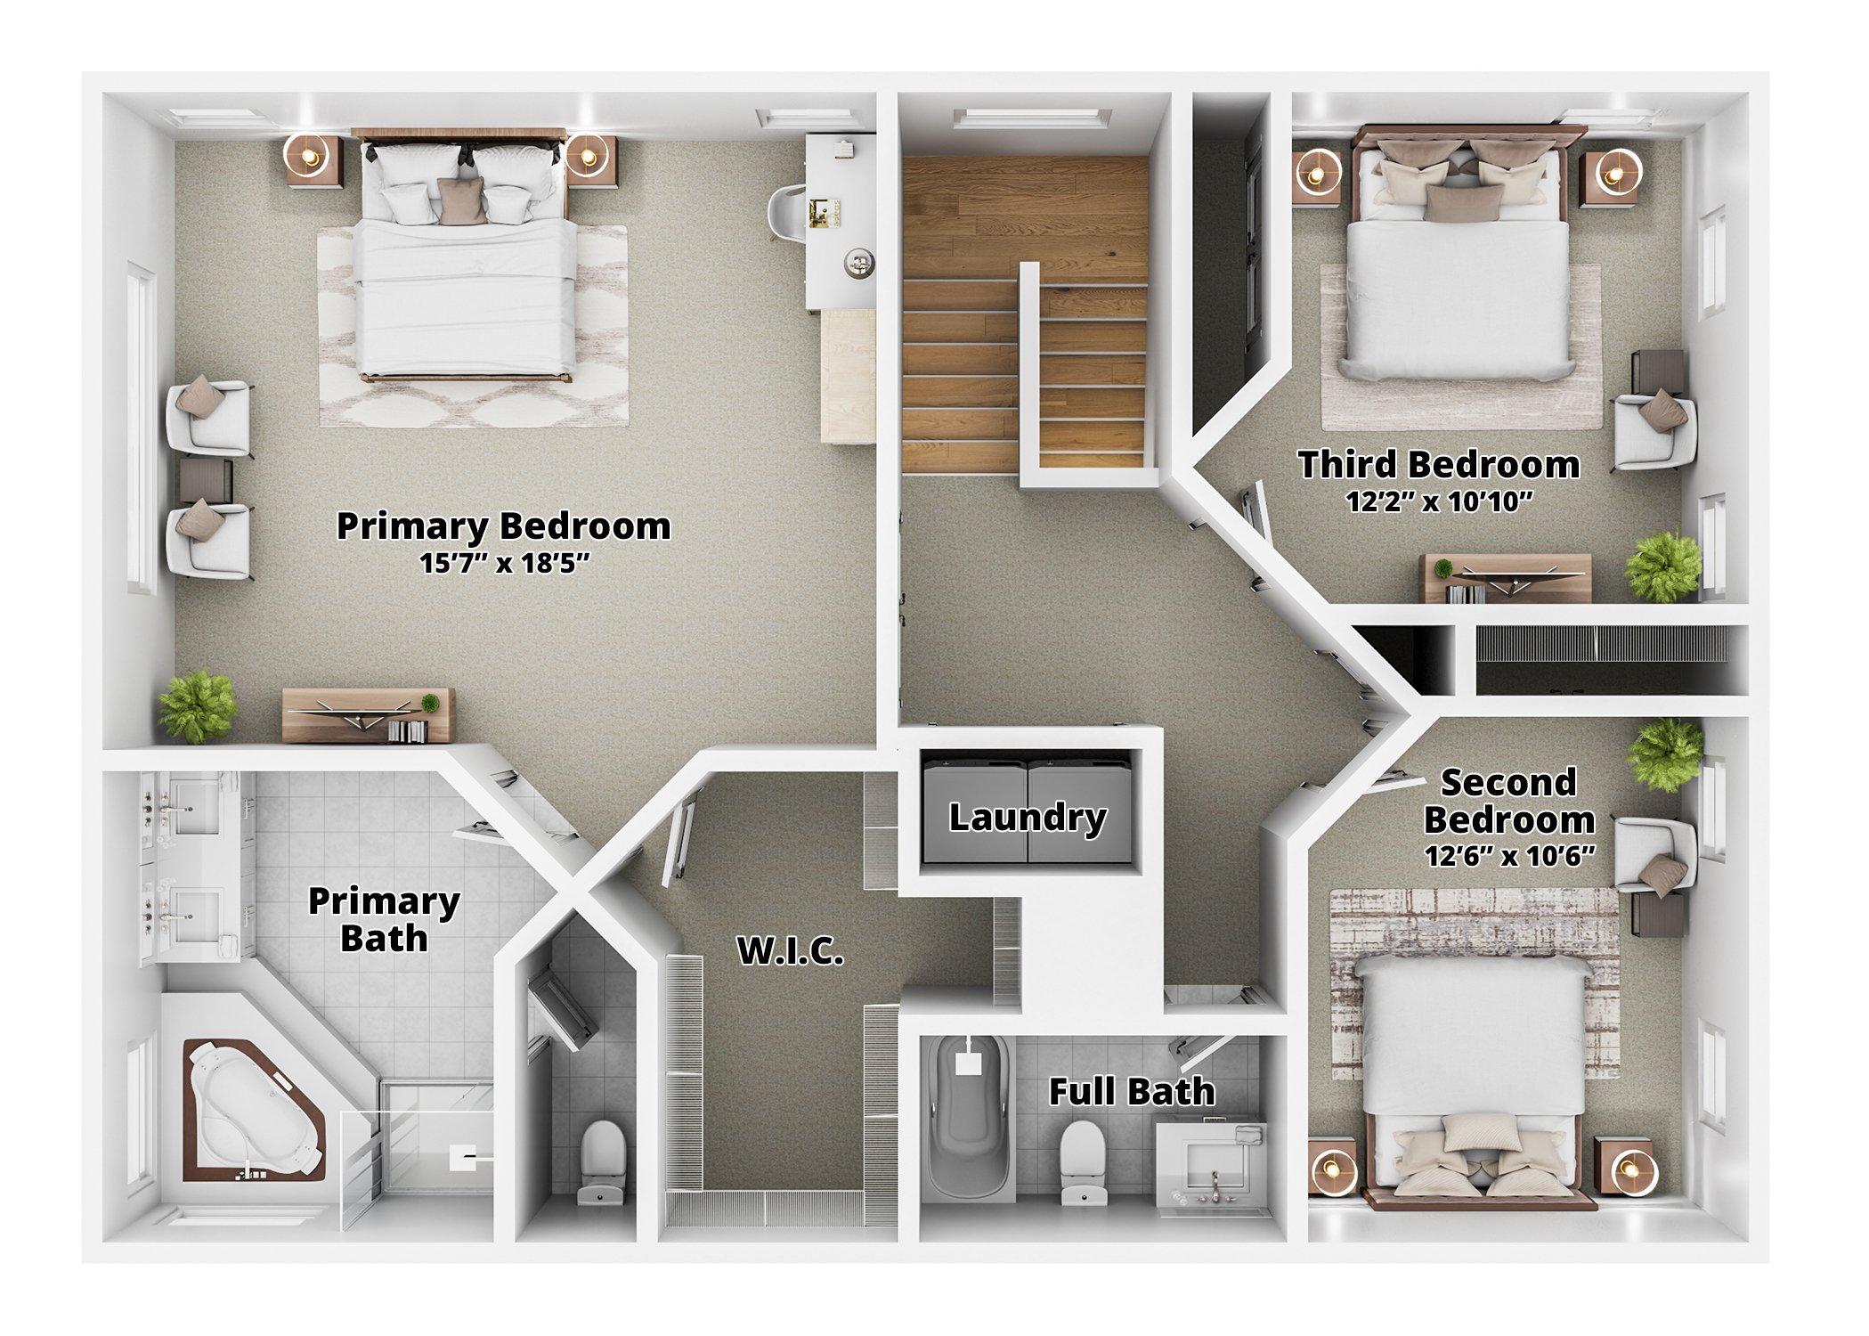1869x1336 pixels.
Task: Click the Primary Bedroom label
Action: click(503, 526)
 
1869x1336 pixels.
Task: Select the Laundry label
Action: click(1027, 818)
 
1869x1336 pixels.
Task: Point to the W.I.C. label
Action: click(790, 953)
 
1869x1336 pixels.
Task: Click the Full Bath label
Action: click(1131, 1091)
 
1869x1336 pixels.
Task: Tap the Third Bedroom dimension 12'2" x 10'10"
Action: click(1439, 502)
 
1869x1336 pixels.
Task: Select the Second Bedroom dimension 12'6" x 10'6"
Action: click(1508, 856)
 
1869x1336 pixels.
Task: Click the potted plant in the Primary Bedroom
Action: click(198, 705)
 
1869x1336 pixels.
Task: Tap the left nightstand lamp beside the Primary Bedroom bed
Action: click(309, 158)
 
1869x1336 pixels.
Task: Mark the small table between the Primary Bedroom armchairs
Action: click(207, 480)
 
